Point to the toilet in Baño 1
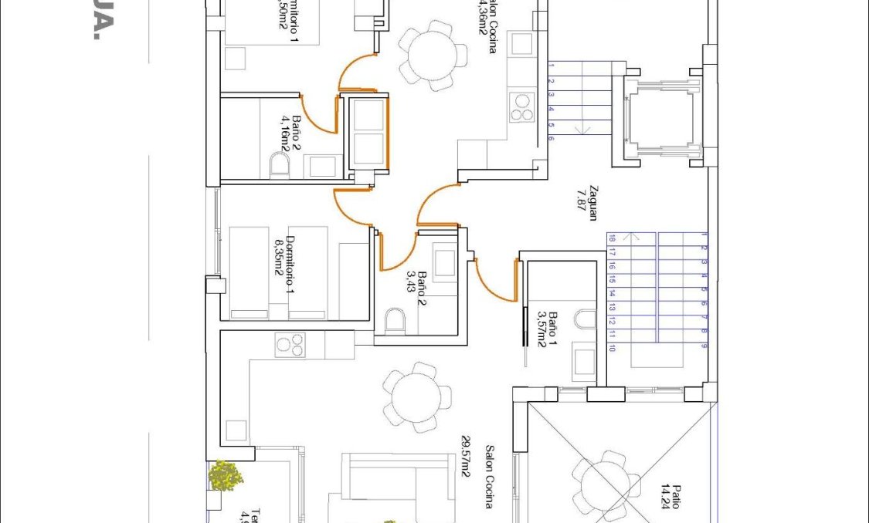click(587, 318)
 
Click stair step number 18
click(612, 238)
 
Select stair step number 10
click(612, 348)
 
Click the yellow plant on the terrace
click(226, 476)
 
